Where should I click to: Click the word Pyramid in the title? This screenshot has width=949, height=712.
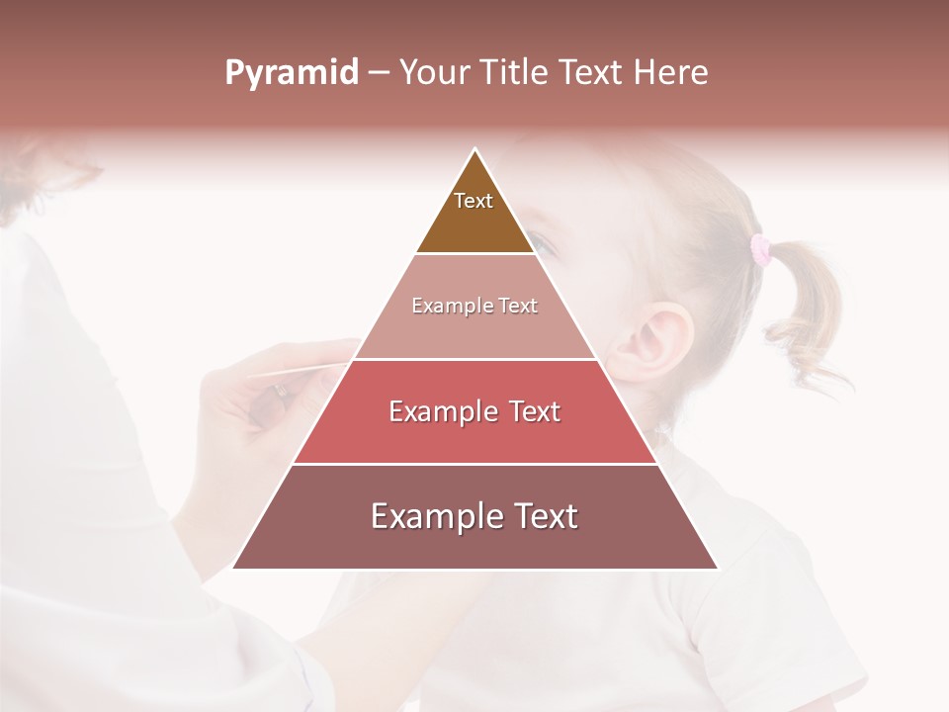click(292, 73)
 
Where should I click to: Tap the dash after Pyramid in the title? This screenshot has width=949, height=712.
click(379, 74)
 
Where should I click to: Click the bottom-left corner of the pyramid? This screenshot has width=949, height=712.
click(234, 568)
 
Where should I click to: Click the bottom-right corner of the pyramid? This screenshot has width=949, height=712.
click(716, 568)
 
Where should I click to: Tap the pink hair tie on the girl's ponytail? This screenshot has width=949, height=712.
click(761, 249)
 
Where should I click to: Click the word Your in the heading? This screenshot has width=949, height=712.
click(431, 73)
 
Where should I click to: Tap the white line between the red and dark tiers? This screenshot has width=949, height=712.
click(474, 464)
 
